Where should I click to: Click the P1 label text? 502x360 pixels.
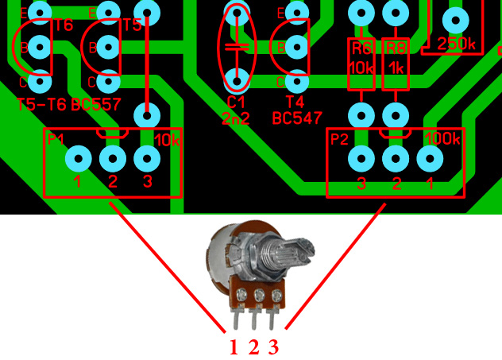(x=56, y=139)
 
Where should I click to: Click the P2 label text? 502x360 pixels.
(x=339, y=140)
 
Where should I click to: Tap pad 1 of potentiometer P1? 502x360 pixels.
(x=78, y=158)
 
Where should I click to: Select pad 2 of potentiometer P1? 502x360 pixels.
(x=112, y=158)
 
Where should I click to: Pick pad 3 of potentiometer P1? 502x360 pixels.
(x=146, y=158)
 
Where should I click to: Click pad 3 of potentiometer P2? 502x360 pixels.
(x=361, y=159)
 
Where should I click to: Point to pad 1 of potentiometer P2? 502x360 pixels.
(x=429, y=159)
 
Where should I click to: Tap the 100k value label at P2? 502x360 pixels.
(x=442, y=139)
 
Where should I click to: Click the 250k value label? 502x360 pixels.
(x=456, y=45)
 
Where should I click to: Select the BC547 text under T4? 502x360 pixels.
(x=297, y=118)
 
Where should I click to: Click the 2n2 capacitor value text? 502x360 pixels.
(x=236, y=119)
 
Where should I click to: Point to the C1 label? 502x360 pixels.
(x=236, y=103)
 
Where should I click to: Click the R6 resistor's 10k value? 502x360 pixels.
(x=361, y=68)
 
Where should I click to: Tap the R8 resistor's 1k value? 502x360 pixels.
(x=395, y=68)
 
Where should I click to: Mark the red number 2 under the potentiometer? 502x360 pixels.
(x=253, y=347)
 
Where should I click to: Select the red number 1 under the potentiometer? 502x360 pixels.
(x=234, y=347)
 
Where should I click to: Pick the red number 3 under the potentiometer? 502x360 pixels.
(x=272, y=347)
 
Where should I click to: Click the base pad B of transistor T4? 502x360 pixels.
(x=298, y=47)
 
